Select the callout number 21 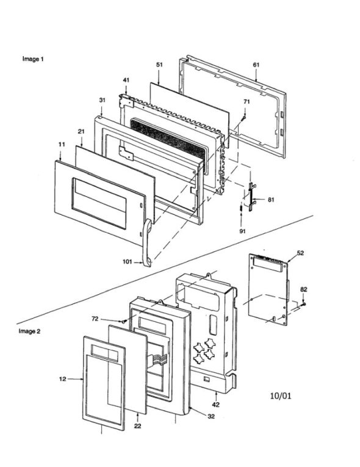(x=81, y=132)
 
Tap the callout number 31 (x=102, y=100)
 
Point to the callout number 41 (x=126, y=80)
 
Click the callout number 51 (x=159, y=64)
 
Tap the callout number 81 (x=271, y=199)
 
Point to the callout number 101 (x=126, y=261)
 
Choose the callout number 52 (x=300, y=252)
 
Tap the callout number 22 (x=137, y=425)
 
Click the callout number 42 (x=216, y=404)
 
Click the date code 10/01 (x=280, y=396)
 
